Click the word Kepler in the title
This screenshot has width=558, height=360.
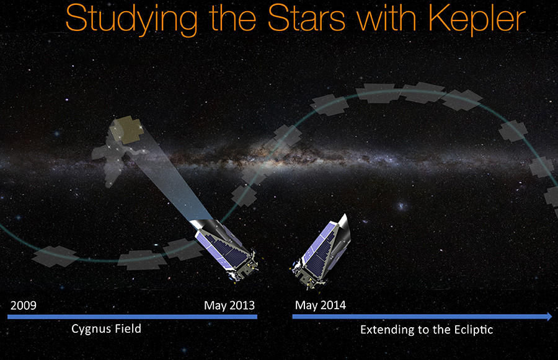click(477, 19)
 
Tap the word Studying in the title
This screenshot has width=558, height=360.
click(131, 19)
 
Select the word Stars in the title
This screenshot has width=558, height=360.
click(306, 18)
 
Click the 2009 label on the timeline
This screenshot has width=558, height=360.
click(24, 305)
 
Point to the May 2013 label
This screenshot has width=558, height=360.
click(229, 305)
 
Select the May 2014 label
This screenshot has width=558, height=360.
click(321, 305)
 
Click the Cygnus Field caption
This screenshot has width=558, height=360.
click(106, 328)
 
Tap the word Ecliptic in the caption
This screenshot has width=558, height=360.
click(473, 330)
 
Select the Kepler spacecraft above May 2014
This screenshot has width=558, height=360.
click(321, 253)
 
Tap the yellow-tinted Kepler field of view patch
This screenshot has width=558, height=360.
click(126, 130)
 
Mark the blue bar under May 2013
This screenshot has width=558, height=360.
click(133, 317)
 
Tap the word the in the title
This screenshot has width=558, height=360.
click(232, 18)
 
